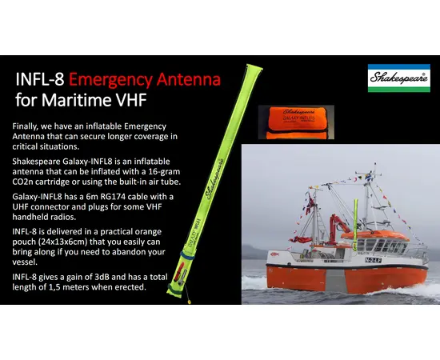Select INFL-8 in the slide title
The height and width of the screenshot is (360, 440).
tap(40, 81)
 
